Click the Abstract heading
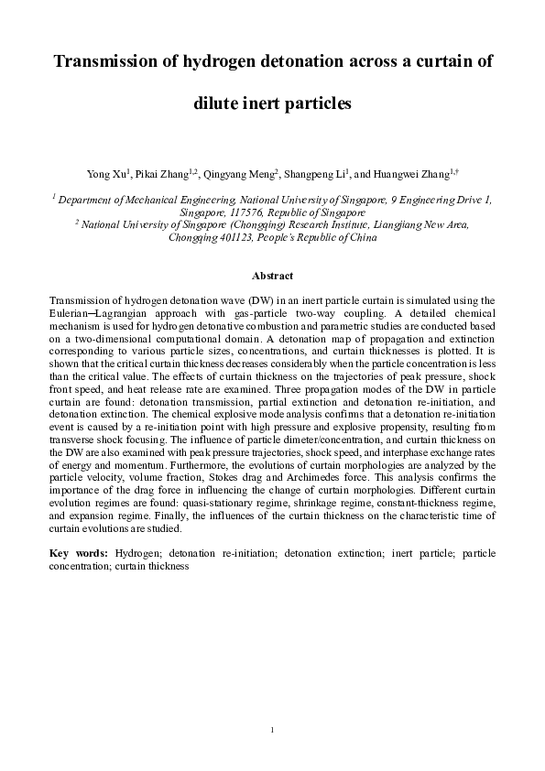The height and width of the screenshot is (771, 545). click(x=272, y=276)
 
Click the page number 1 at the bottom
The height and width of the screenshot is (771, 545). click(x=272, y=728)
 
